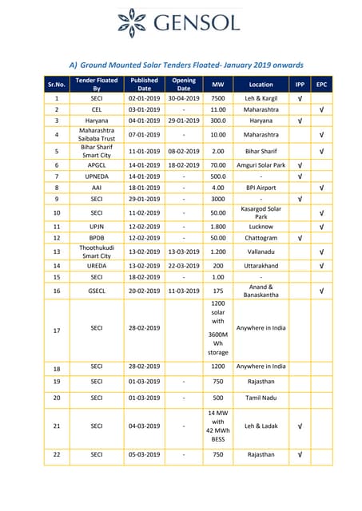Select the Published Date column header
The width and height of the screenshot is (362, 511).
[144, 84]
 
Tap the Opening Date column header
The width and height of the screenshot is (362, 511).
[184, 84]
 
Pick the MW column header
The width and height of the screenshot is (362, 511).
[218, 84]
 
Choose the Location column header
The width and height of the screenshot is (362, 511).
[261, 84]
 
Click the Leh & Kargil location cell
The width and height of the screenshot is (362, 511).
[261, 97]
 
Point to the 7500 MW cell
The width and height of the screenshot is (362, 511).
[218, 97]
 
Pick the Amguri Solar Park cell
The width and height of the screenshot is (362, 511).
[261, 164]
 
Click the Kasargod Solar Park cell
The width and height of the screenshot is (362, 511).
[261, 213]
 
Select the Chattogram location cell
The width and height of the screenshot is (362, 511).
[261, 238]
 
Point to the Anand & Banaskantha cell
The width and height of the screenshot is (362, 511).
[261, 291]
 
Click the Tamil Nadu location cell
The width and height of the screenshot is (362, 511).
[261, 397]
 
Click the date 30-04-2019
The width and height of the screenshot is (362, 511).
[184, 97]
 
